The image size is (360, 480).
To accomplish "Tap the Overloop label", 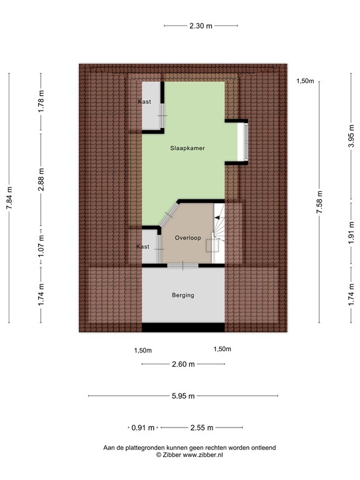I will tap(188, 237).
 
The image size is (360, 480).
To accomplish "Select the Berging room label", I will tap(183, 295).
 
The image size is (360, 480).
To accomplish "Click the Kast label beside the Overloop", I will tap(143, 247).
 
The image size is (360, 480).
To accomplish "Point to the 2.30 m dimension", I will tap(201, 26).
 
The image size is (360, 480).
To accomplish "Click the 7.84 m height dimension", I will tap(9, 199).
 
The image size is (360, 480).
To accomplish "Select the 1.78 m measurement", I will tap(41, 101).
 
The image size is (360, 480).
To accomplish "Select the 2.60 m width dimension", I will tap(183, 364).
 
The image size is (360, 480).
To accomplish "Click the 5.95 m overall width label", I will tap(183, 396).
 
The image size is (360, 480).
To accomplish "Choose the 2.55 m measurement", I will tap(202, 428).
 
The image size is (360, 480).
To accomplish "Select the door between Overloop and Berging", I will tap(182, 266).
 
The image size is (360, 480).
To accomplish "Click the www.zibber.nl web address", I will tap(202, 456).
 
